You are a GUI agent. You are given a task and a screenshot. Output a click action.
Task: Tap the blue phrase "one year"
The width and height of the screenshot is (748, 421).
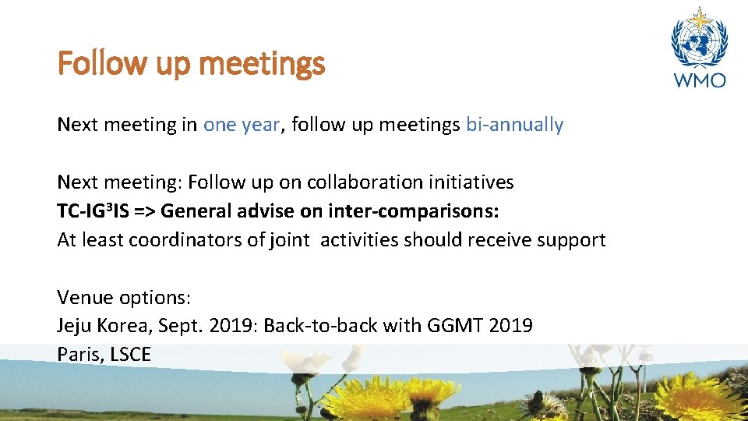tap(241, 125)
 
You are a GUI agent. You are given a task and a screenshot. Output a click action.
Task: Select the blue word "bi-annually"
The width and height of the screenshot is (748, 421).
tap(514, 125)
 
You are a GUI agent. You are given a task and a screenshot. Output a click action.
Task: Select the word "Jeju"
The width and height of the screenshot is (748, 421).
tap(75, 326)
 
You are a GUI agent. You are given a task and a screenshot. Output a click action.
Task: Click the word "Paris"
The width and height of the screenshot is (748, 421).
tap(78, 355)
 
